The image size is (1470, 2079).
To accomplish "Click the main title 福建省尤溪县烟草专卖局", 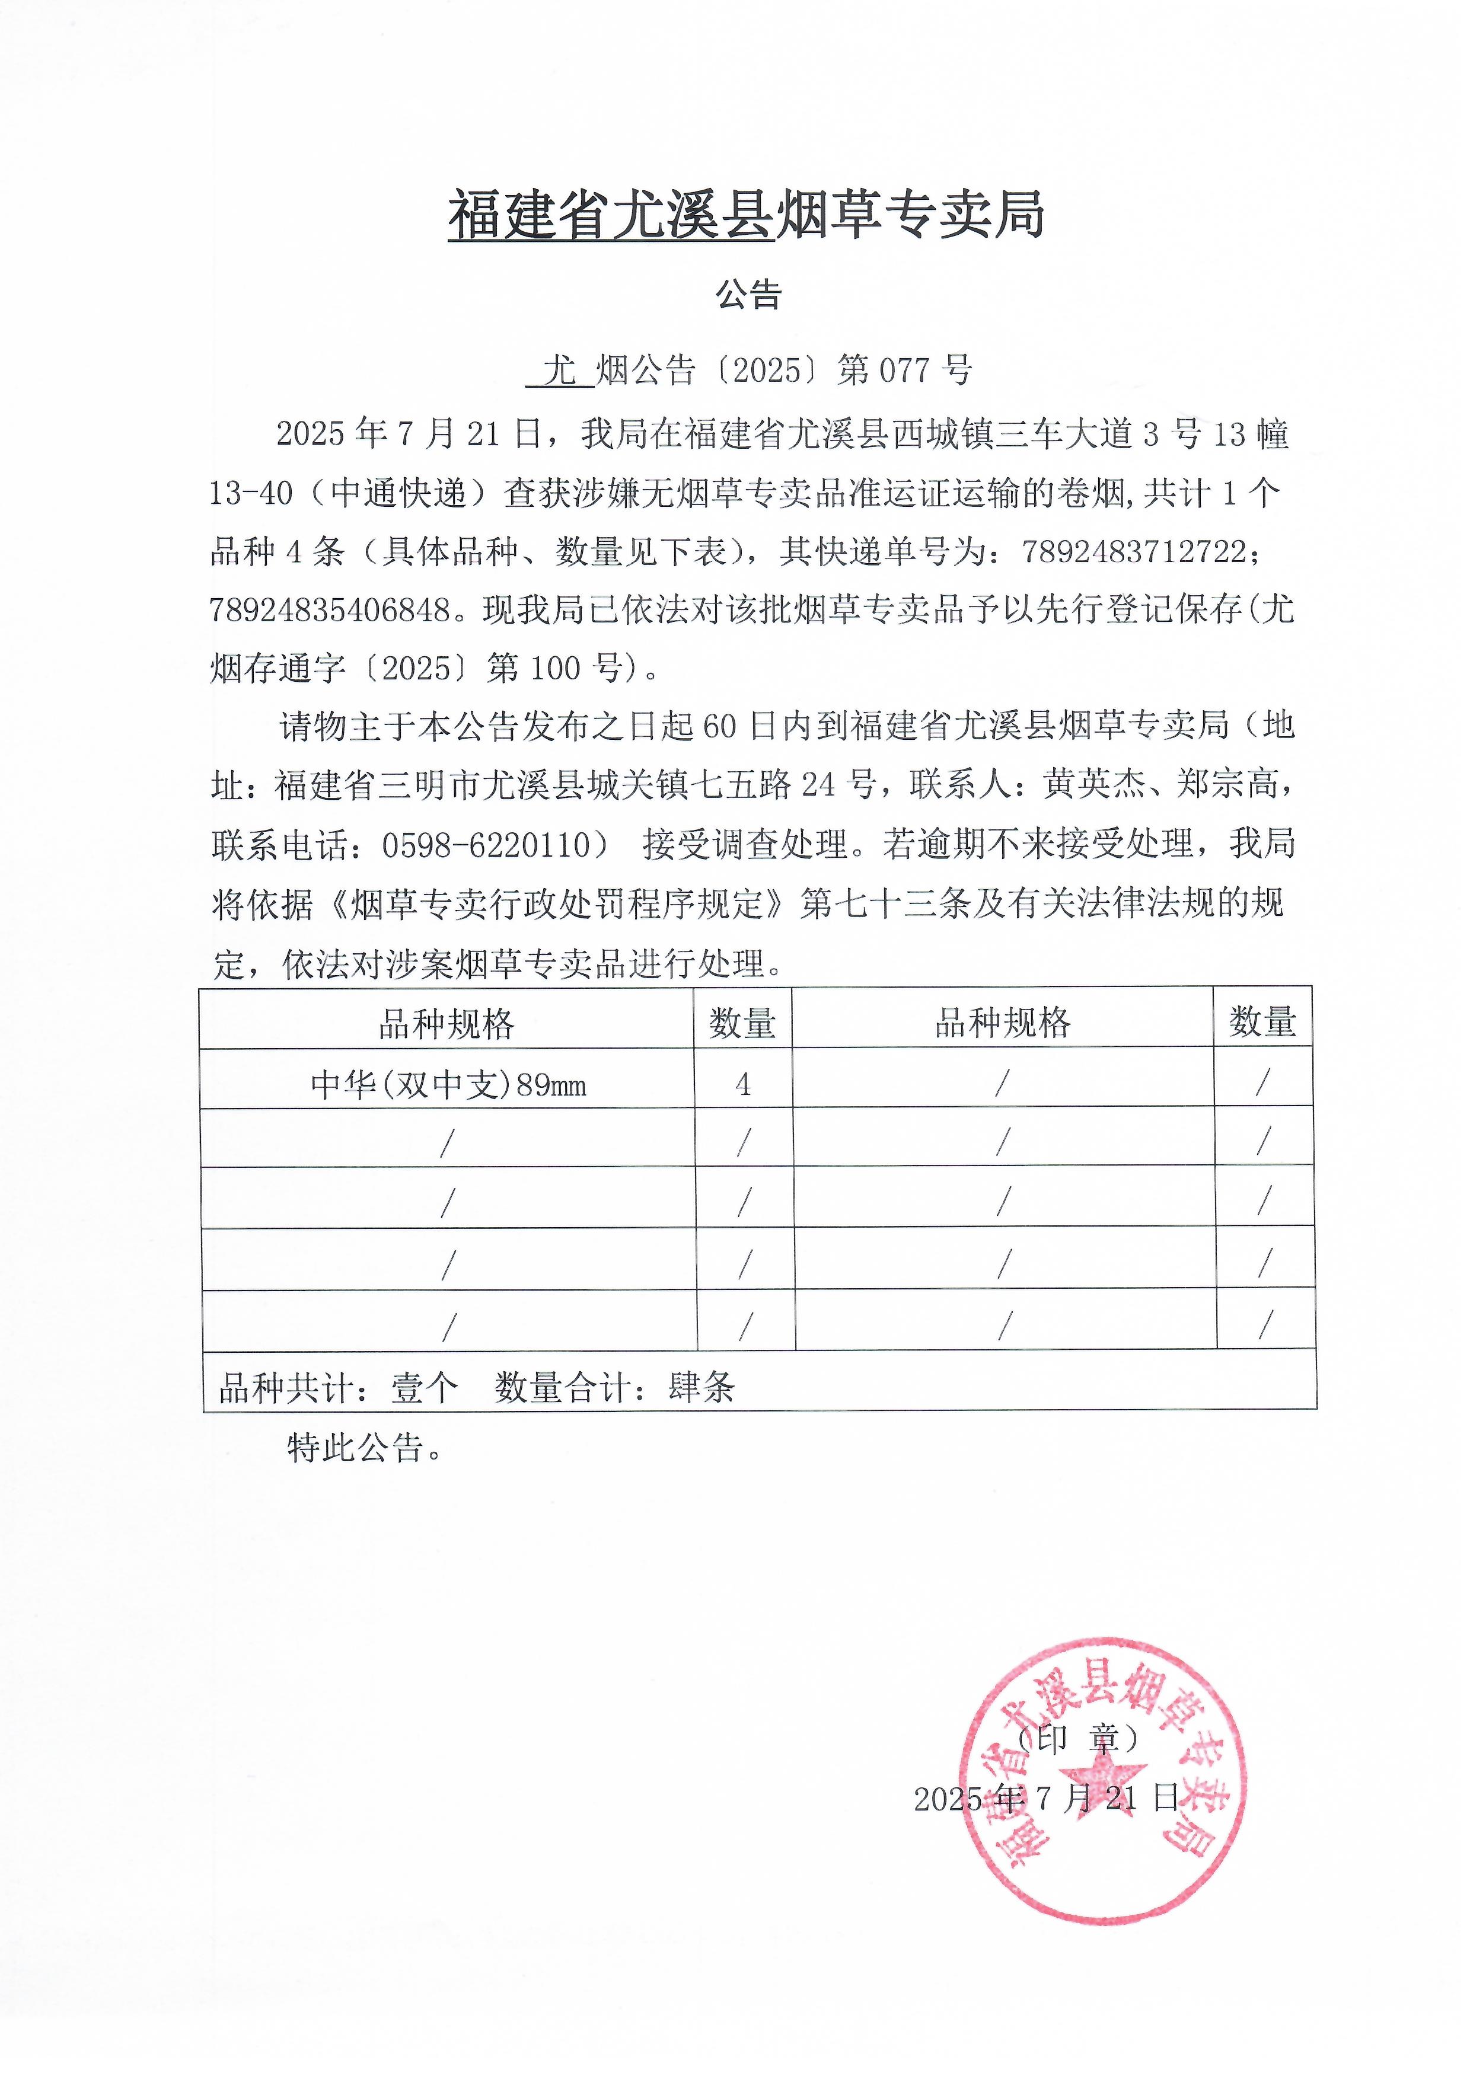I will [x=747, y=216].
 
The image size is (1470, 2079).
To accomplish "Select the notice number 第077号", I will [x=904, y=369].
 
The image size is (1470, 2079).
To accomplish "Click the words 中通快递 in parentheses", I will [x=398, y=493].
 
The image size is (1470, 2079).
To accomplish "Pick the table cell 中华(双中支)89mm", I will [x=448, y=1084].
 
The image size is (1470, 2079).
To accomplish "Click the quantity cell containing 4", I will [x=742, y=1084].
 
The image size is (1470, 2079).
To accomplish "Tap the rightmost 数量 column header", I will [x=1262, y=1021].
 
